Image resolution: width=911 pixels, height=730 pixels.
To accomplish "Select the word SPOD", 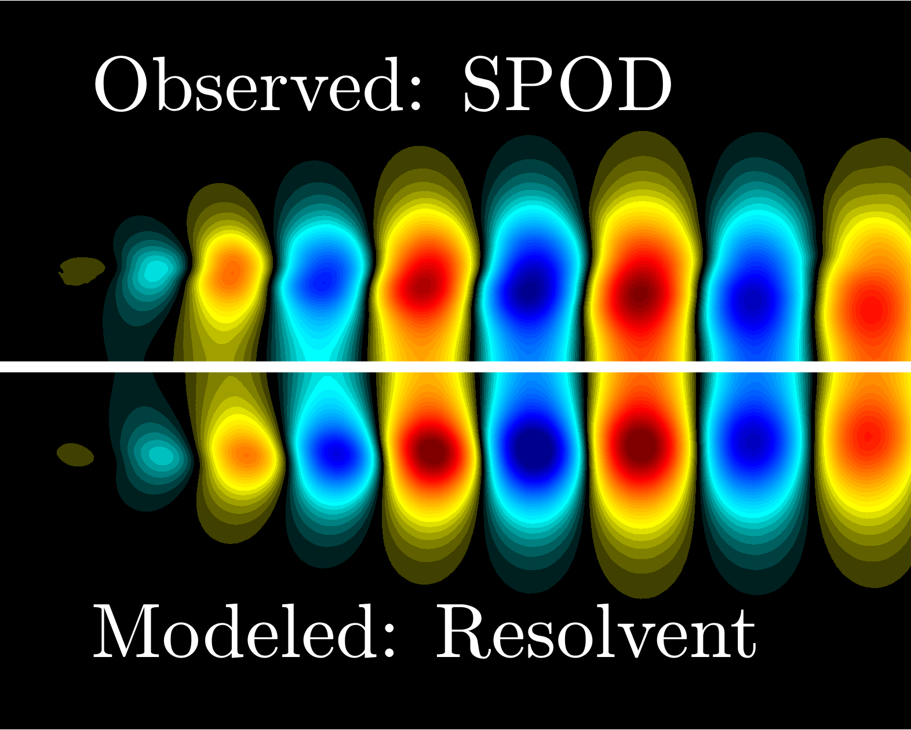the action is click(x=568, y=84).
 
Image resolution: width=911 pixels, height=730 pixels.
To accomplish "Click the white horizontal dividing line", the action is click(x=455, y=367).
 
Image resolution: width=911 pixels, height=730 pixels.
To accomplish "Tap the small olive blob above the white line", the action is click(x=81, y=270).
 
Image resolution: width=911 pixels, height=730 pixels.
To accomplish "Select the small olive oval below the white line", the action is click(x=75, y=454).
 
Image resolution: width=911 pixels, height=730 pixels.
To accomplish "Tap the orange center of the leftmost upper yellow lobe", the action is click(x=231, y=271).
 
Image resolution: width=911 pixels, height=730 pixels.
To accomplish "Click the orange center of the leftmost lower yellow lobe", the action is click(x=246, y=455).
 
